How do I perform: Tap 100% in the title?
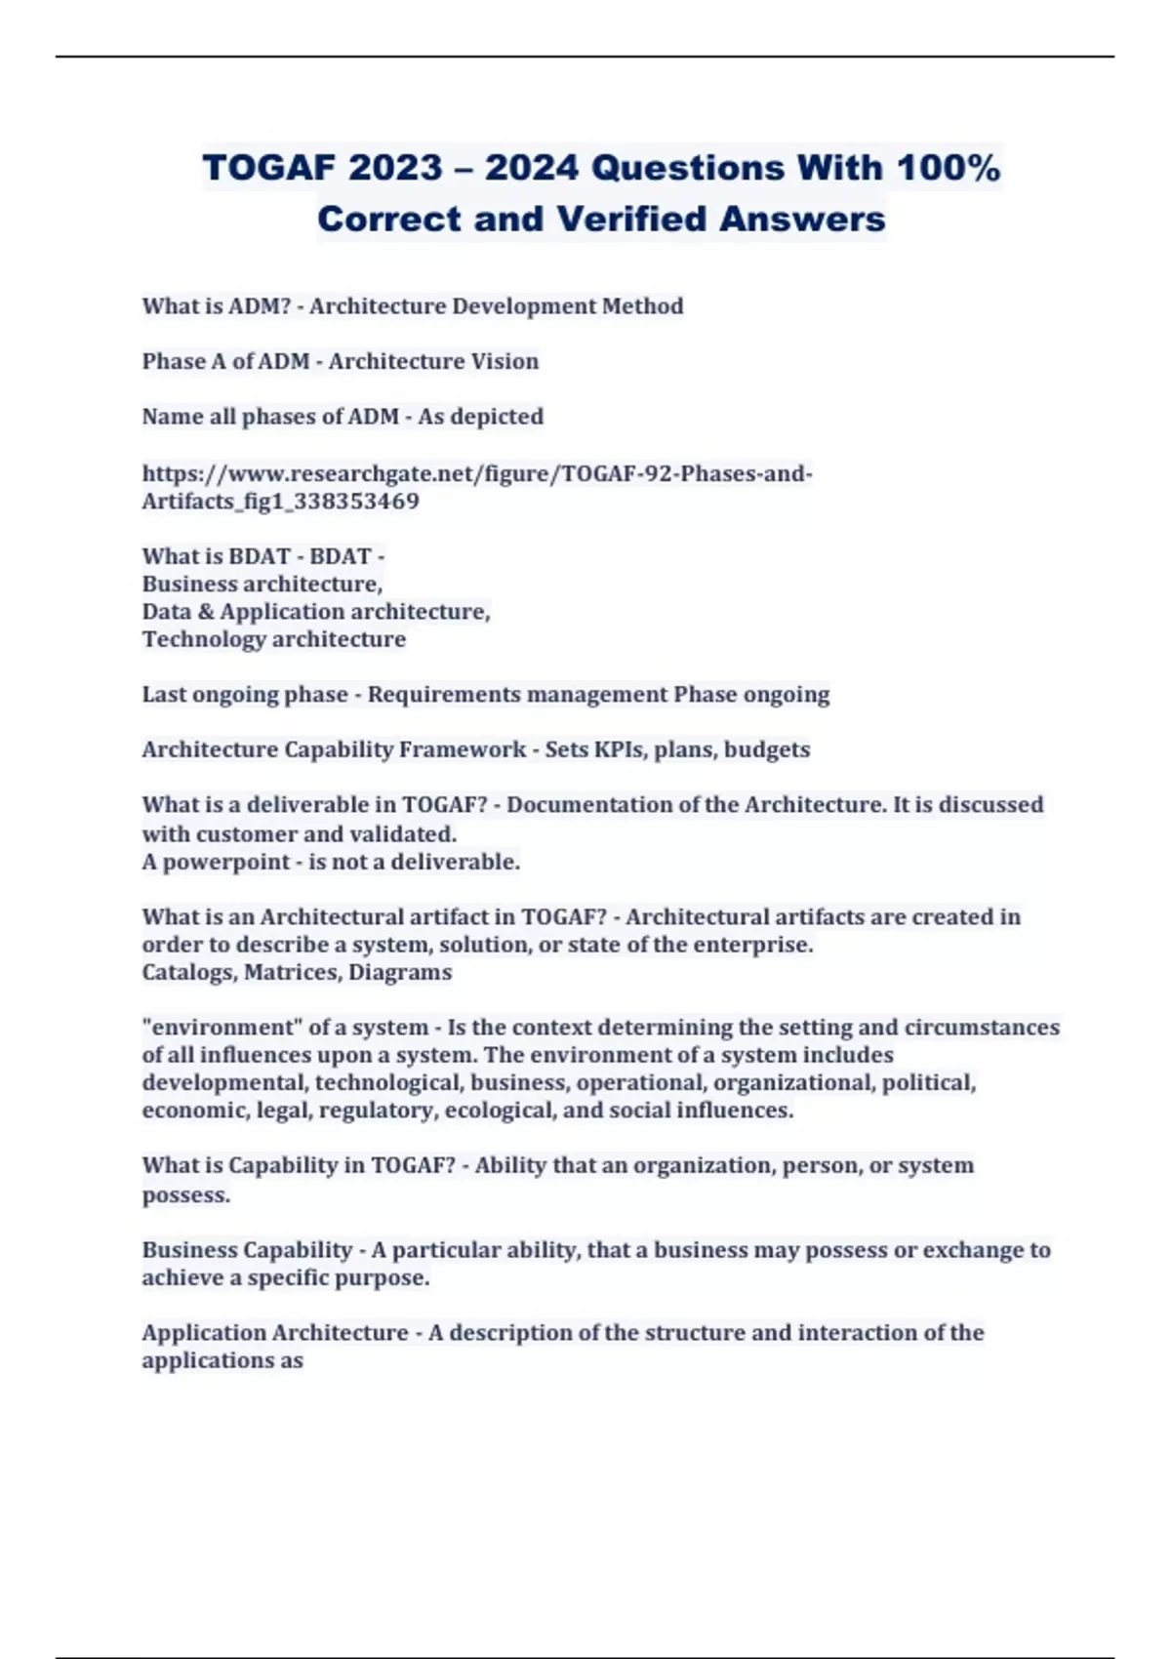pos(949,168)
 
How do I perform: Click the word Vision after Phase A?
pos(505,361)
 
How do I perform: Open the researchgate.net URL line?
pos(476,474)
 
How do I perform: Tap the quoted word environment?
pos(223,1028)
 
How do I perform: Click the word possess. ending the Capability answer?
pos(185,1194)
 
